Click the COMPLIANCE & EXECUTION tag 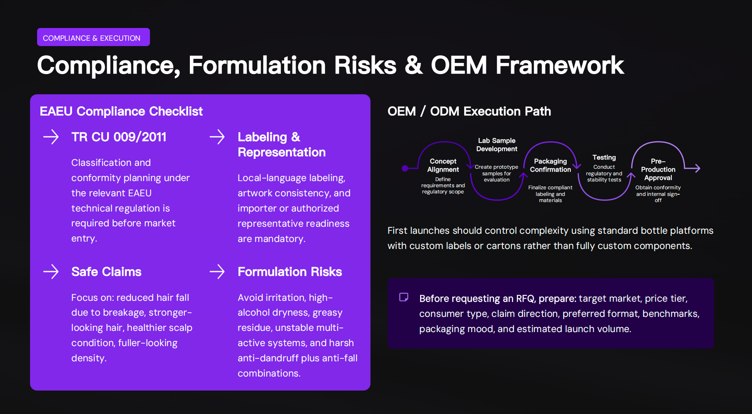93,37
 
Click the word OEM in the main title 458,65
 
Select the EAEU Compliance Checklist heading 121,111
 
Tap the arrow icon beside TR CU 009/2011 51,137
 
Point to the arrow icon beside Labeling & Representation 217,137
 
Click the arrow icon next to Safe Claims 51,272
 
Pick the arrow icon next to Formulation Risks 217,272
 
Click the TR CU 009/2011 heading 119,137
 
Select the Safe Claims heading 106,272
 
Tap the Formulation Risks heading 290,272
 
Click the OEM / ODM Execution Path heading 469,111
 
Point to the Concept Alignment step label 443,165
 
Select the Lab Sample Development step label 497,145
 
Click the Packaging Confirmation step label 550,165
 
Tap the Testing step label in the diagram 604,157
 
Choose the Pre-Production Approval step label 658,170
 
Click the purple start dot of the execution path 405,168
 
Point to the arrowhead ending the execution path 697,168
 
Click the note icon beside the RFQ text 404,297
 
